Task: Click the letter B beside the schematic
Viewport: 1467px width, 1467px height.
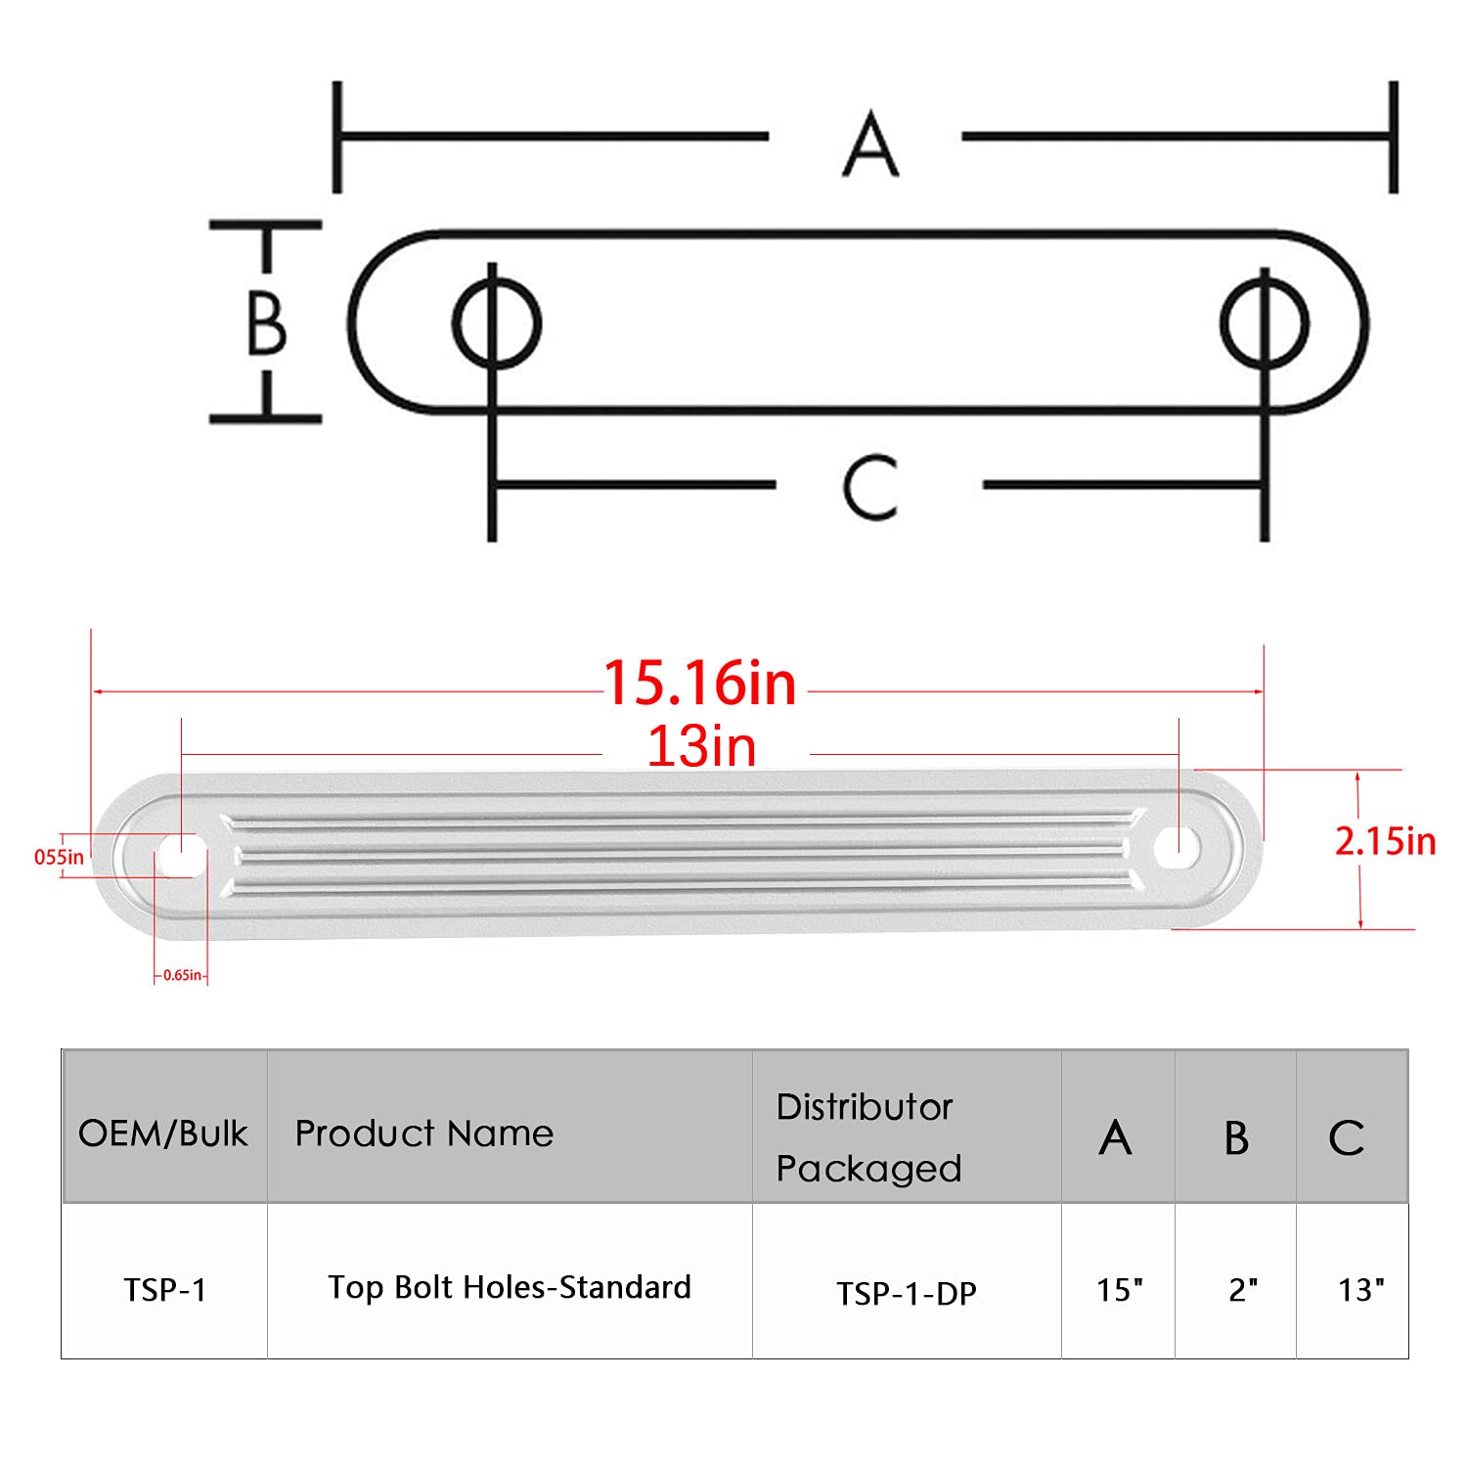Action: (266, 323)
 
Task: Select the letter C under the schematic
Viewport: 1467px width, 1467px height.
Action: (869, 486)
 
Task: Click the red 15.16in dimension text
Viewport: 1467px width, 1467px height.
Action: (700, 683)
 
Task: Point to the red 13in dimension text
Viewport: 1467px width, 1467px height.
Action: (702, 746)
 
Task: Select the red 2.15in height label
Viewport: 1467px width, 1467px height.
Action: (1385, 841)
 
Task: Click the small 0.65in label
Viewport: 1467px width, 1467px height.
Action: (182, 975)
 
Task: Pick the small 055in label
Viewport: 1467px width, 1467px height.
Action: (59, 857)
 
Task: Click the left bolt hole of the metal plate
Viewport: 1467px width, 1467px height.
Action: (179, 855)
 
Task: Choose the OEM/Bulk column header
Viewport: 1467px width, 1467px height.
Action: (163, 1134)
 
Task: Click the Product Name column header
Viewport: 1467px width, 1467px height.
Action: (424, 1134)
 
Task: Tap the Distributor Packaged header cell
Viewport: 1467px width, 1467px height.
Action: (868, 1137)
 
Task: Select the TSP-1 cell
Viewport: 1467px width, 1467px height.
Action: (164, 1290)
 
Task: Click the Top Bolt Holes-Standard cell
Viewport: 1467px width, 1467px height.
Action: (510, 1287)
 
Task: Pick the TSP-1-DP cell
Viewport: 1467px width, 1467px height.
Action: (907, 1293)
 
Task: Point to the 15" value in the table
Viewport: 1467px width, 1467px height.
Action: (1119, 1290)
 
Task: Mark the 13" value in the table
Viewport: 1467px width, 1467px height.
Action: (1361, 1290)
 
